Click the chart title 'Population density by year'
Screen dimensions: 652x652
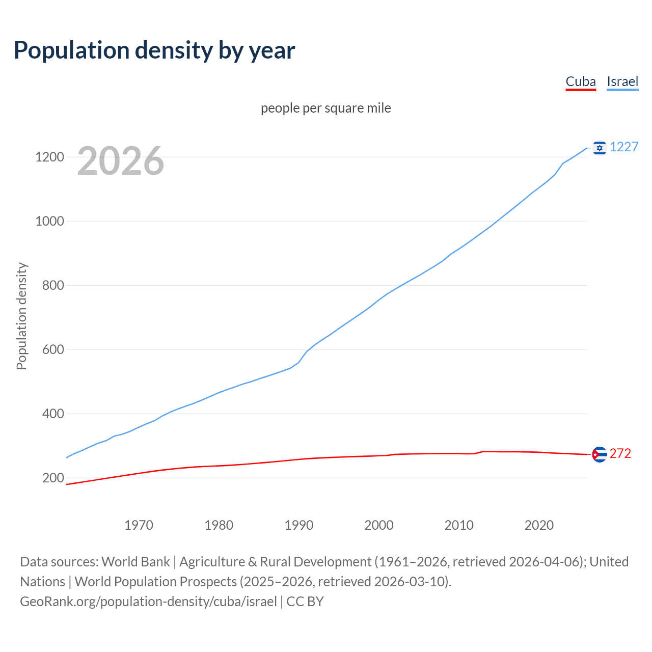154,50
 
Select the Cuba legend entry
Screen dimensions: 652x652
581,82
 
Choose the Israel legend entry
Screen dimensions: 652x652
622,82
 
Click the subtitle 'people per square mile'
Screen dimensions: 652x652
326,108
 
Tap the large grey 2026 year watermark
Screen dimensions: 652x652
121,161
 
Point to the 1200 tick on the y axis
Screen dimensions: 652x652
49,157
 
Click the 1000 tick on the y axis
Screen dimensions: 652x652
49,221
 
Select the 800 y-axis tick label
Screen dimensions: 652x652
53,285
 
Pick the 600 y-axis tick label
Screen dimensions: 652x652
53,349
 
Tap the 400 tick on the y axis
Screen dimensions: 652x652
53,414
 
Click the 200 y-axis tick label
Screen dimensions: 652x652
53,478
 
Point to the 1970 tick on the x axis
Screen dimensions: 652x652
139,525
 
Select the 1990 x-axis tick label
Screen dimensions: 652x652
299,525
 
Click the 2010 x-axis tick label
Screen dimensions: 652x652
459,525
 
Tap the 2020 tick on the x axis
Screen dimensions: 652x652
539,525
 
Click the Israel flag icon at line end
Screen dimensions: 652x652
600,148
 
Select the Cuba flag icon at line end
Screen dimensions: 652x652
600,454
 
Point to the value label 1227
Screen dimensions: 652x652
624,147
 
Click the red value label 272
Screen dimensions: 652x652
620,454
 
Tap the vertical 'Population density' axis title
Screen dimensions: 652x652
21,316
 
